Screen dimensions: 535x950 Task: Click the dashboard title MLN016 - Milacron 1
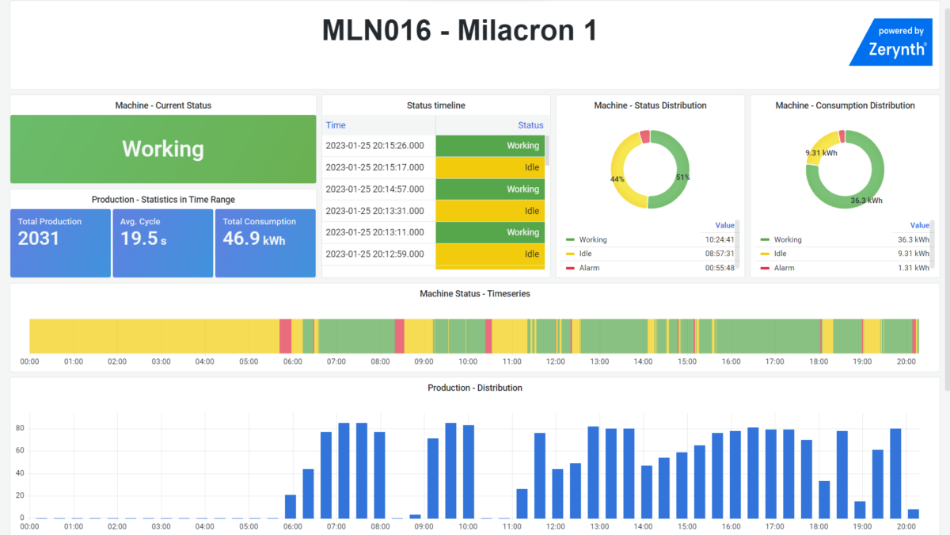tap(459, 31)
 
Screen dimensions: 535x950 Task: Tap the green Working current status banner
tap(163, 149)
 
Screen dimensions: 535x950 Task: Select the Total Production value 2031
tap(39, 239)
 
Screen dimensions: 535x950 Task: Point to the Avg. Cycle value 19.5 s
tap(143, 239)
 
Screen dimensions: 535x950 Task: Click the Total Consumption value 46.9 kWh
tap(253, 239)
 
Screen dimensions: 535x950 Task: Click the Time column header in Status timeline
tap(336, 125)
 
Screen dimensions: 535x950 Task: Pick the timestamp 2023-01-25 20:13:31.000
tap(374, 211)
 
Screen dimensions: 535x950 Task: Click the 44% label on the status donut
tap(617, 179)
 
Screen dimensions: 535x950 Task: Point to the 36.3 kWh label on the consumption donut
tap(867, 201)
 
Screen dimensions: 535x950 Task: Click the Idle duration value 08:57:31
tap(719, 254)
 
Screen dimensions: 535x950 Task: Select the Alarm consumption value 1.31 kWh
tap(914, 268)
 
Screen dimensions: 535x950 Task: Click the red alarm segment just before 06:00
tap(285, 336)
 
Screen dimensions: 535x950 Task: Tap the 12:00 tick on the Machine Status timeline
tap(556, 361)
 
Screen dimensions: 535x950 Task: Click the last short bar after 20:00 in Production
tap(913, 514)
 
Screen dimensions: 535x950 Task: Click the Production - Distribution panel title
tap(475, 388)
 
